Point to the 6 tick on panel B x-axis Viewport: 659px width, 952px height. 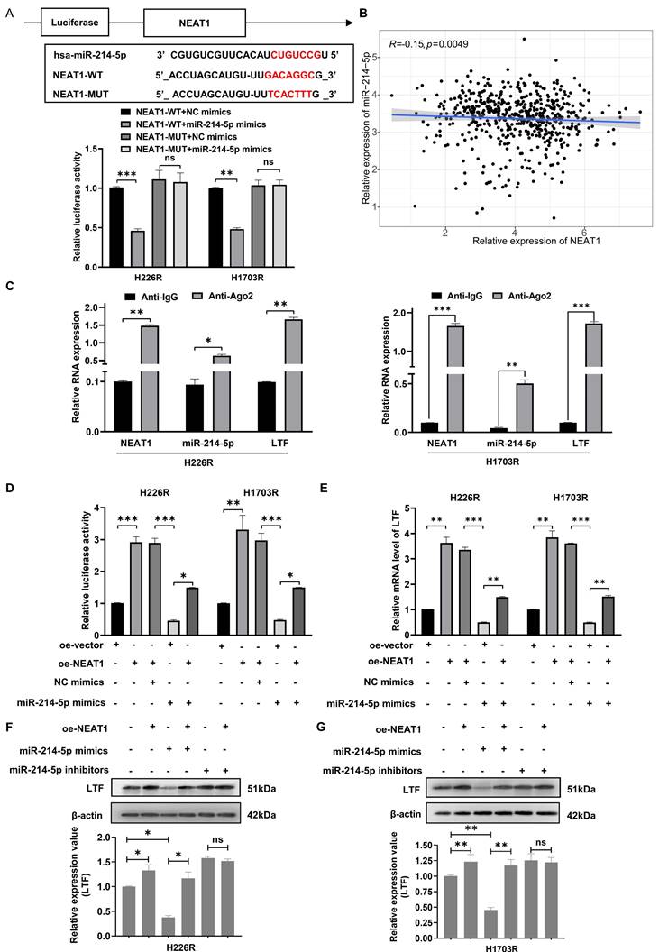[x=584, y=232]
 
